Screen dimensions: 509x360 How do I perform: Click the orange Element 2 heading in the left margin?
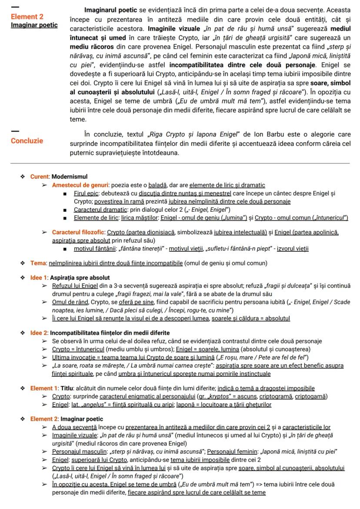[27, 17]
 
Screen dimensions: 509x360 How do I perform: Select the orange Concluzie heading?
[27, 141]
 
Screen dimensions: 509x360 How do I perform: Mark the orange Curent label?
[40, 177]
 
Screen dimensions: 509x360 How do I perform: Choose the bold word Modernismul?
[70, 177]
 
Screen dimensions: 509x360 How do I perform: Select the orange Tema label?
[38, 263]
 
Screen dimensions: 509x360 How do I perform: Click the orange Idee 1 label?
[39, 277]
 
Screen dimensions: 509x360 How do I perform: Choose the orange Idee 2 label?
[39, 333]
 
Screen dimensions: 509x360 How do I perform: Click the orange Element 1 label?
[43, 388]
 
